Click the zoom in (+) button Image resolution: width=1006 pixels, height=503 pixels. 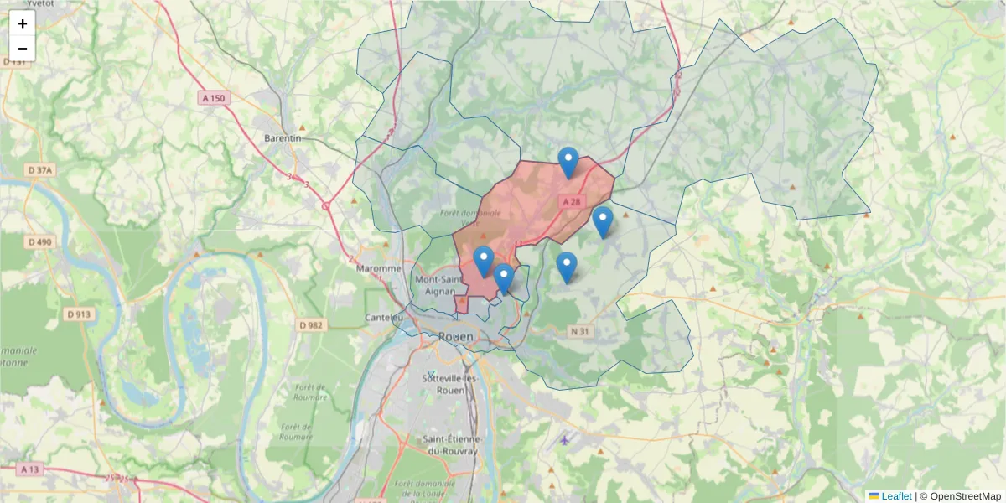pyautogui.click(x=23, y=23)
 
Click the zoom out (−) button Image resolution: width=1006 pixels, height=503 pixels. pyautogui.click(x=23, y=49)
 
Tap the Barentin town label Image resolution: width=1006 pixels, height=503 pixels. pyautogui.click(x=283, y=137)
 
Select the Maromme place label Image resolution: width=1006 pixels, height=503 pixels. pyautogui.click(x=380, y=268)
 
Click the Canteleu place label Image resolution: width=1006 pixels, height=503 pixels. pyautogui.click(x=384, y=318)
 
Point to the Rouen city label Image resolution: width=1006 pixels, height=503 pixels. pyautogui.click(x=455, y=336)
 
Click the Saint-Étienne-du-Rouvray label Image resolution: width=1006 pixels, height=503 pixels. pyautogui.click(x=450, y=445)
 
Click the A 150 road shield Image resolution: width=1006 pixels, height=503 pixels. pyautogui.click(x=214, y=98)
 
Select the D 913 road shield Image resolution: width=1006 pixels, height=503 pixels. pyautogui.click(x=78, y=314)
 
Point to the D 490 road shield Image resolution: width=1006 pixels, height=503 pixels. pyautogui.click(x=39, y=242)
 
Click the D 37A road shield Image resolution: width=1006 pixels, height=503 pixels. pyautogui.click(x=39, y=170)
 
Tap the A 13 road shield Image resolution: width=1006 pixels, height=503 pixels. pyautogui.click(x=29, y=469)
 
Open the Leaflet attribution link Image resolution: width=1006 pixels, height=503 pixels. pyautogui.click(x=896, y=496)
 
